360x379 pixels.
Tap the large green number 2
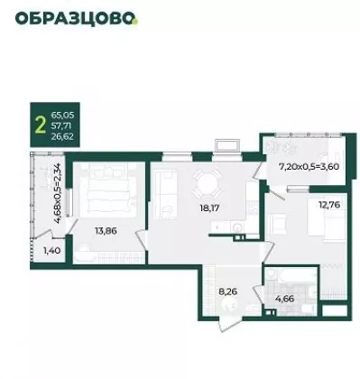[41, 125]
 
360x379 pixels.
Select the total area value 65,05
[62, 115]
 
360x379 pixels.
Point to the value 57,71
[61, 125]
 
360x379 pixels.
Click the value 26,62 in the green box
[62, 136]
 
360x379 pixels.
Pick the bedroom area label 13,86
[106, 231]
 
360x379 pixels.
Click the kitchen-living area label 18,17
[209, 208]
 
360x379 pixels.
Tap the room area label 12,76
[329, 205]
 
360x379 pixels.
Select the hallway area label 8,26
[228, 291]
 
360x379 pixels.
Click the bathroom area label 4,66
[284, 299]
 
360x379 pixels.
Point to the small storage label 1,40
[52, 250]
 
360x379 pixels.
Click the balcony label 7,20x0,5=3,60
[309, 167]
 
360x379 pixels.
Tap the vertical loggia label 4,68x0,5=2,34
[58, 193]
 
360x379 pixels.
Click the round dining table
[207, 183]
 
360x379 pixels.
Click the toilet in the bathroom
[307, 309]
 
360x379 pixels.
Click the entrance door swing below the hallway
[229, 325]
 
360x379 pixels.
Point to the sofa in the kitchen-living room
[164, 194]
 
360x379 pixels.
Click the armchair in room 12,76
[278, 224]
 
